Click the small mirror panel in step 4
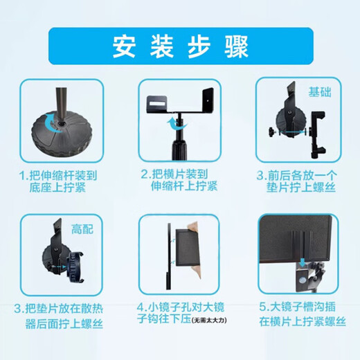pyautogui.click(x=188, y=253)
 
